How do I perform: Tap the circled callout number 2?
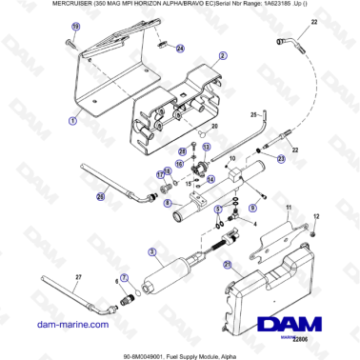221,57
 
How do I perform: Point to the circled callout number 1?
72,122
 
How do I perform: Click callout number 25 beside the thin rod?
228,114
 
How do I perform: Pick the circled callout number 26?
100,197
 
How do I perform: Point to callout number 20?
214,126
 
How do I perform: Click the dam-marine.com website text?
57,325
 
